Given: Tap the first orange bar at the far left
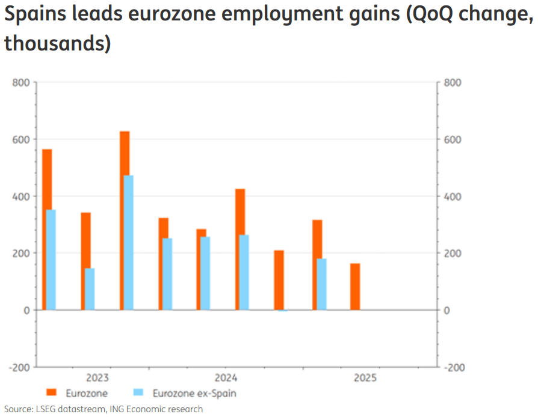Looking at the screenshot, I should pyautogui.click(x=46, y=229).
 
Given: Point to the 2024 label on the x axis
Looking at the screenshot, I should pyautogui.click(x=226, y=378).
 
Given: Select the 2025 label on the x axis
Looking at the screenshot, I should pyautogui.click(x=365, y=378).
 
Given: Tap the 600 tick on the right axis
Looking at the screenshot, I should pyautogui.click(x=452, y=139).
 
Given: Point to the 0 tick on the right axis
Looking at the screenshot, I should pyautogui.click(x=446, y=310).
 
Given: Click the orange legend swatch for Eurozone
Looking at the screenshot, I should pyautogui.click(x=52, y=393).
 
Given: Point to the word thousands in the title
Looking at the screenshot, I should pyautogui.click(x=57, y=43).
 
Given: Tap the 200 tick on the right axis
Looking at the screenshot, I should pyautogui.click(x=452, y=254).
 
